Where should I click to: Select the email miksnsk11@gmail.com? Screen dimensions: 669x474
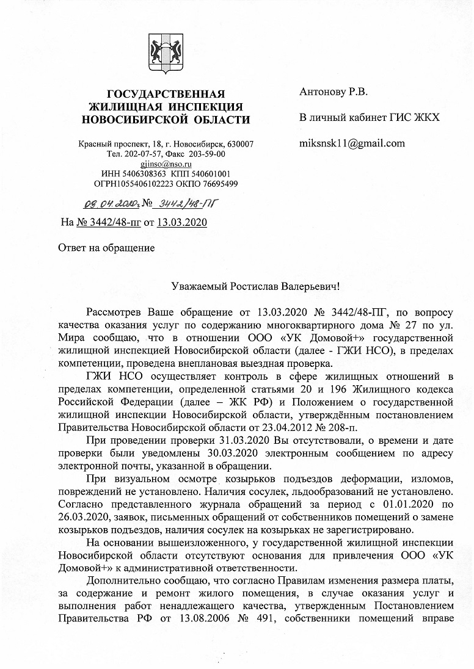pos(352,143)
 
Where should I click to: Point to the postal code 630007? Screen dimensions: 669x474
pos(241,144)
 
